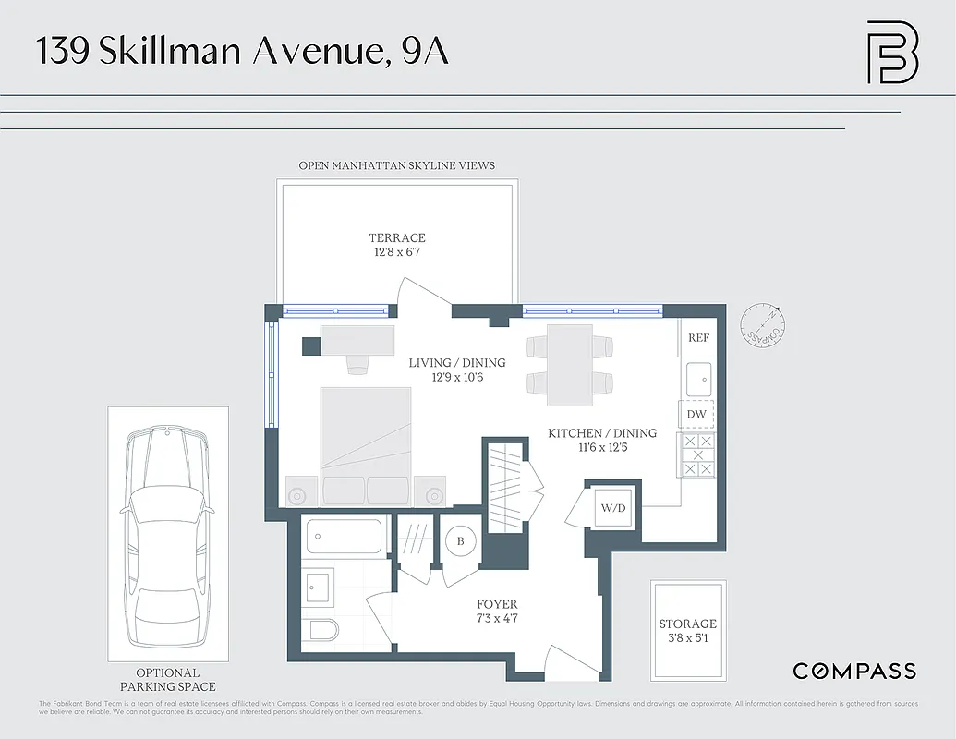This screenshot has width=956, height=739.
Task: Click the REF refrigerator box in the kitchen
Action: (x=698, y=338)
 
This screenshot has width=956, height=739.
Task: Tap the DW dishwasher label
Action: (x=696, y=414)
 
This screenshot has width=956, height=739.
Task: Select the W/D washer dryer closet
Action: (x=612, y=506)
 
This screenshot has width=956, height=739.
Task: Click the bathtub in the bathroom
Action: (x=343, y=537)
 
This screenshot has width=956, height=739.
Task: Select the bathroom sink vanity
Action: (x=320, y=586)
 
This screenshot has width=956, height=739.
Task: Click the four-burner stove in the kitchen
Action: (x=697, y=455)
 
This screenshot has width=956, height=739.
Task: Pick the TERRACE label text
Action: (x=397, y=238)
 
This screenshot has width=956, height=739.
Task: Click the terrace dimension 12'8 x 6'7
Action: (x=397, y=252)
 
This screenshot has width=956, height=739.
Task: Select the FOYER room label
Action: (x=497, y=604)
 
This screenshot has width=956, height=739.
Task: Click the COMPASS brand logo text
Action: (x=854, y=672)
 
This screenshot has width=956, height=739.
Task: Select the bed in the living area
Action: (x=366, y=434)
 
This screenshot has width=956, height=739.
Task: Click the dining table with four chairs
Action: (x=569, y=365)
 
